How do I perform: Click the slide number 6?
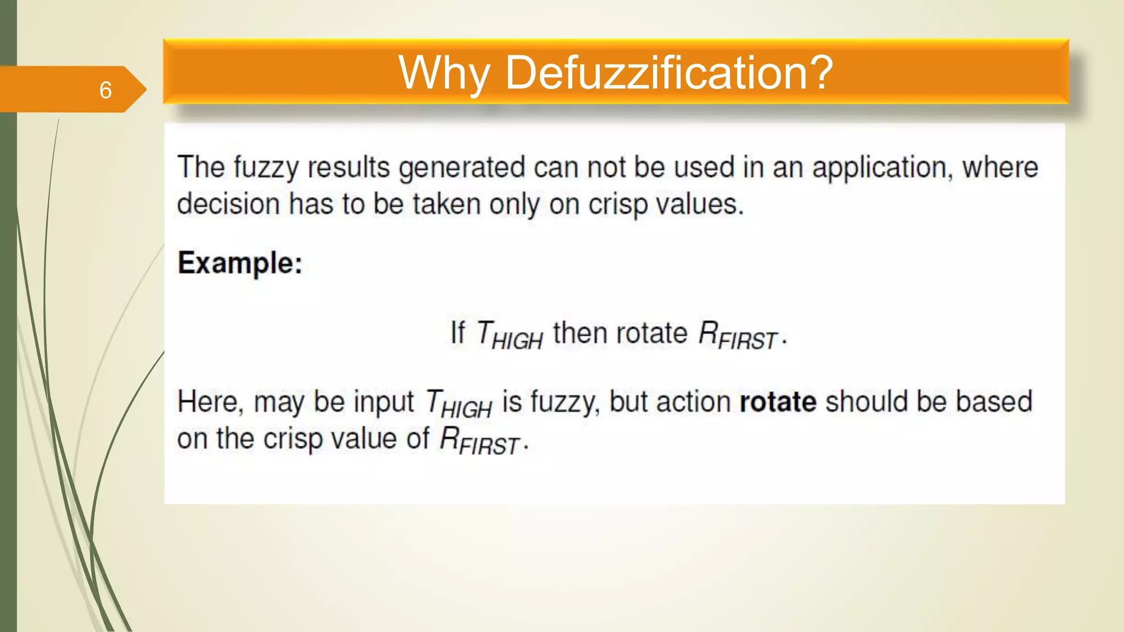(x=105, y=90)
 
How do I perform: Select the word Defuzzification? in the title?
(x=669, y=73)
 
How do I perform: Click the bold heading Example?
(x=240, y=263)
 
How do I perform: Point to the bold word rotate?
(x=778, y=402)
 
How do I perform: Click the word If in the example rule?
(x=457, y=333)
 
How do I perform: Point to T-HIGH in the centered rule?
(x=509, y=335)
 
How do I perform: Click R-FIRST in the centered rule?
(x=738, y=335)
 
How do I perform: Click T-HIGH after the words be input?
(x=459, y=404)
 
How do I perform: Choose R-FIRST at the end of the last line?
(x=480, y=441)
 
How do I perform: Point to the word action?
(x=693, y=402)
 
